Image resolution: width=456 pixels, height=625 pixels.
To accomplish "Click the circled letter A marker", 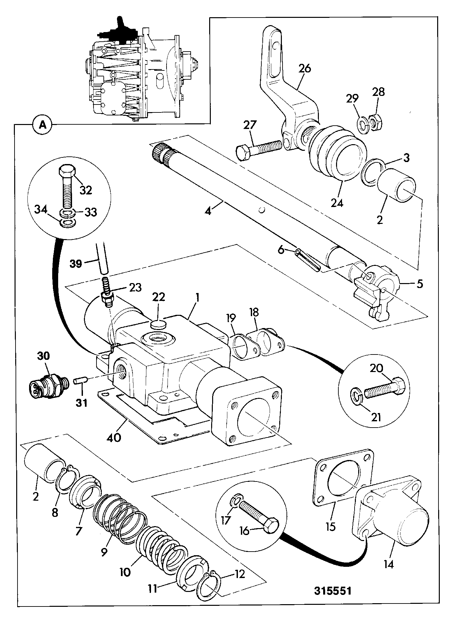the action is [42, 124].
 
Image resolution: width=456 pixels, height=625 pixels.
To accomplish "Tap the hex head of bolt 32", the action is [68, 171].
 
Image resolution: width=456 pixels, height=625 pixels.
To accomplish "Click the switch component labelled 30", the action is [48, 384].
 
